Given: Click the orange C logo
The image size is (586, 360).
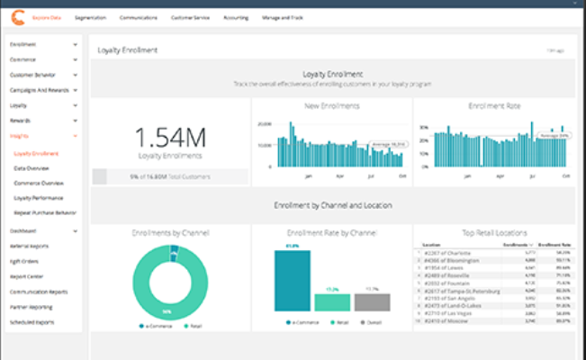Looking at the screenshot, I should point(16,16).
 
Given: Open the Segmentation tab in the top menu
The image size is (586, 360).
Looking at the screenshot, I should point(90,17).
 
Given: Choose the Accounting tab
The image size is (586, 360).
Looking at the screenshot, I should point(236,17).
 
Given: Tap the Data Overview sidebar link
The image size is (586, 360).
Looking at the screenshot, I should point(32,168).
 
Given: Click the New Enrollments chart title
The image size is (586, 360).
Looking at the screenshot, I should point(332,106).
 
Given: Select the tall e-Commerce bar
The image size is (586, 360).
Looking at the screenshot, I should point(293,281).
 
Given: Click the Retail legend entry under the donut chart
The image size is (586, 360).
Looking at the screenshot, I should point(190,326).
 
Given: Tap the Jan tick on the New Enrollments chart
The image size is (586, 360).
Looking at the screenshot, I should point(309,177).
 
